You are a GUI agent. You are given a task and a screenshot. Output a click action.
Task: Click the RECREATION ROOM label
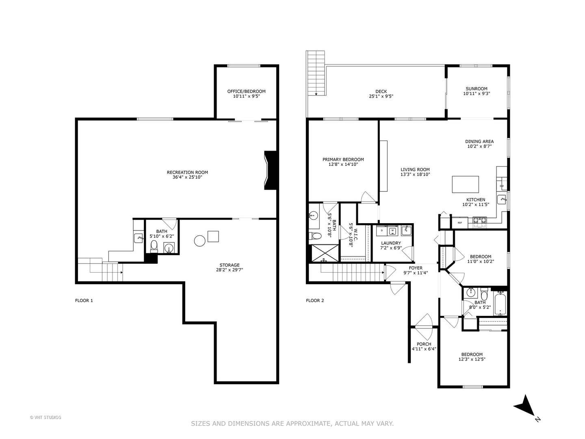click(187, 172)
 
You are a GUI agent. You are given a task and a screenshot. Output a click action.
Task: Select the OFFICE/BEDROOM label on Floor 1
click(246, 91)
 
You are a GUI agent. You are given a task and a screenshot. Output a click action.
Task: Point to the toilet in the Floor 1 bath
click(154, 246)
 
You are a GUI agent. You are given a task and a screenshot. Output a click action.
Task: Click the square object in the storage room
click(213, 236)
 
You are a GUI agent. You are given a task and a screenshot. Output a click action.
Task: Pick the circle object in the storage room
click(200, 241)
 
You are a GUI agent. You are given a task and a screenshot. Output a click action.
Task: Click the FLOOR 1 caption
click(84, 301)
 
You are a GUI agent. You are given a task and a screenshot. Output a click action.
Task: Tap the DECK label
click(381, 91)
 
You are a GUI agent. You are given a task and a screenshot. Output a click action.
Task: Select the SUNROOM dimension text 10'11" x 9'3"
click(476, 94)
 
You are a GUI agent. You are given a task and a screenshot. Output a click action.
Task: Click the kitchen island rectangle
click(466, 185)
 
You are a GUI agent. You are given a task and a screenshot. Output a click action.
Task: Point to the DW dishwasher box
click(502, 186)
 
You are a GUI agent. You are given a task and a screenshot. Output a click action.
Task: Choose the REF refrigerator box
click(460, 223)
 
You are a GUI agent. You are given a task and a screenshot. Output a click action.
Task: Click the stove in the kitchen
click(479, 222)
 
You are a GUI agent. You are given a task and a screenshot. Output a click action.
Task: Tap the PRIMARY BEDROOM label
click(343, 159)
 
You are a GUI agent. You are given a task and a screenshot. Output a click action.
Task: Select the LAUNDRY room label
click(391, 243)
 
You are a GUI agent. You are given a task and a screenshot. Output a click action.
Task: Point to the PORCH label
click(424, 344)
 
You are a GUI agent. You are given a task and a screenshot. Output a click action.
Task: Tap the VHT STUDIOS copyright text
click(45, 417)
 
